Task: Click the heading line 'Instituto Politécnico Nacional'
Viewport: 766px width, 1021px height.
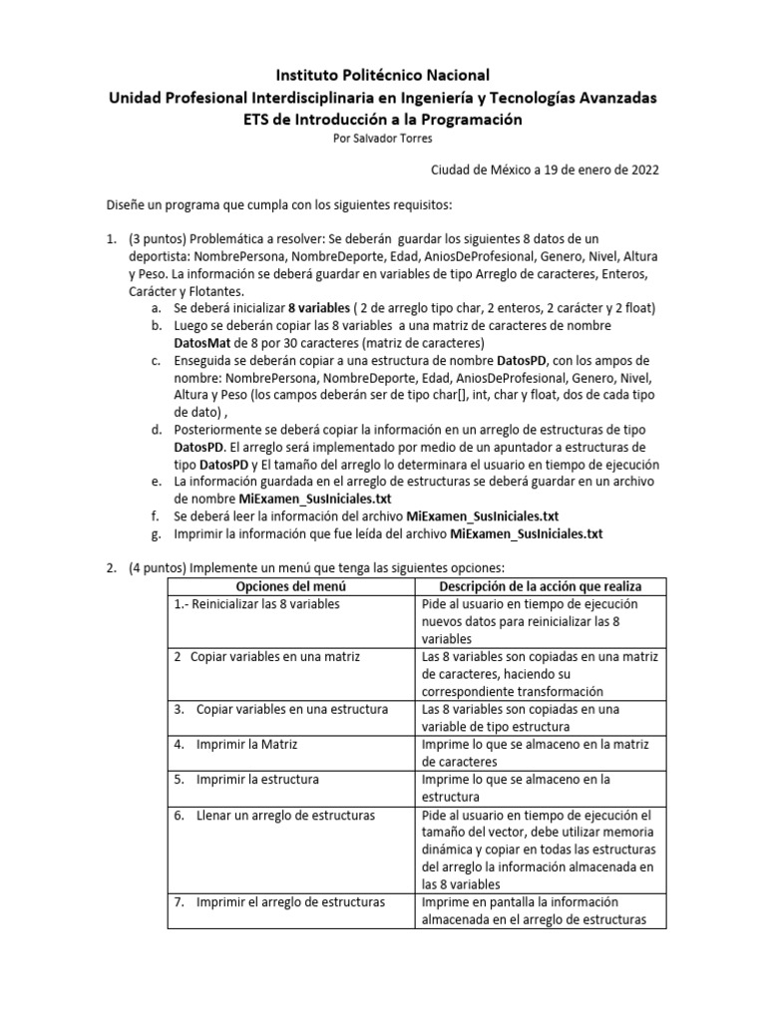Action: point(383,75)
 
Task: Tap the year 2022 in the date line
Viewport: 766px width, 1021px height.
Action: point(641,170)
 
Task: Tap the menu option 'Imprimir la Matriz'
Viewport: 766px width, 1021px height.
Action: point(247,744)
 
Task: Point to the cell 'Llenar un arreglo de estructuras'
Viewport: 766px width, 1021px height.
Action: point(285,815)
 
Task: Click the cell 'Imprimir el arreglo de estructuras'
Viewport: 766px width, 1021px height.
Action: point(290,902)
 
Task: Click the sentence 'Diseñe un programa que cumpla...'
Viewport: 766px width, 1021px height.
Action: point(279,205)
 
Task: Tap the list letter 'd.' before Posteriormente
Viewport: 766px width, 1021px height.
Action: point(158,430)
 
